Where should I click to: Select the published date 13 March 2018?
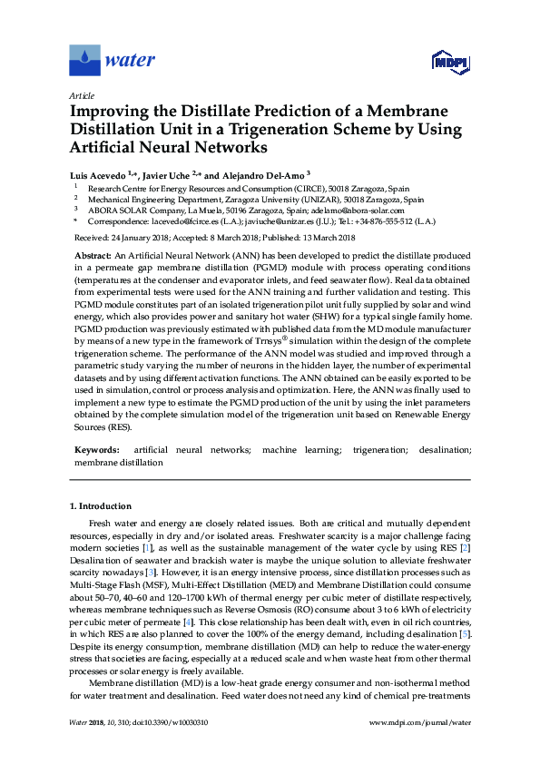point(325,237)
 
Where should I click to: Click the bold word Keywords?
point(96,449)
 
